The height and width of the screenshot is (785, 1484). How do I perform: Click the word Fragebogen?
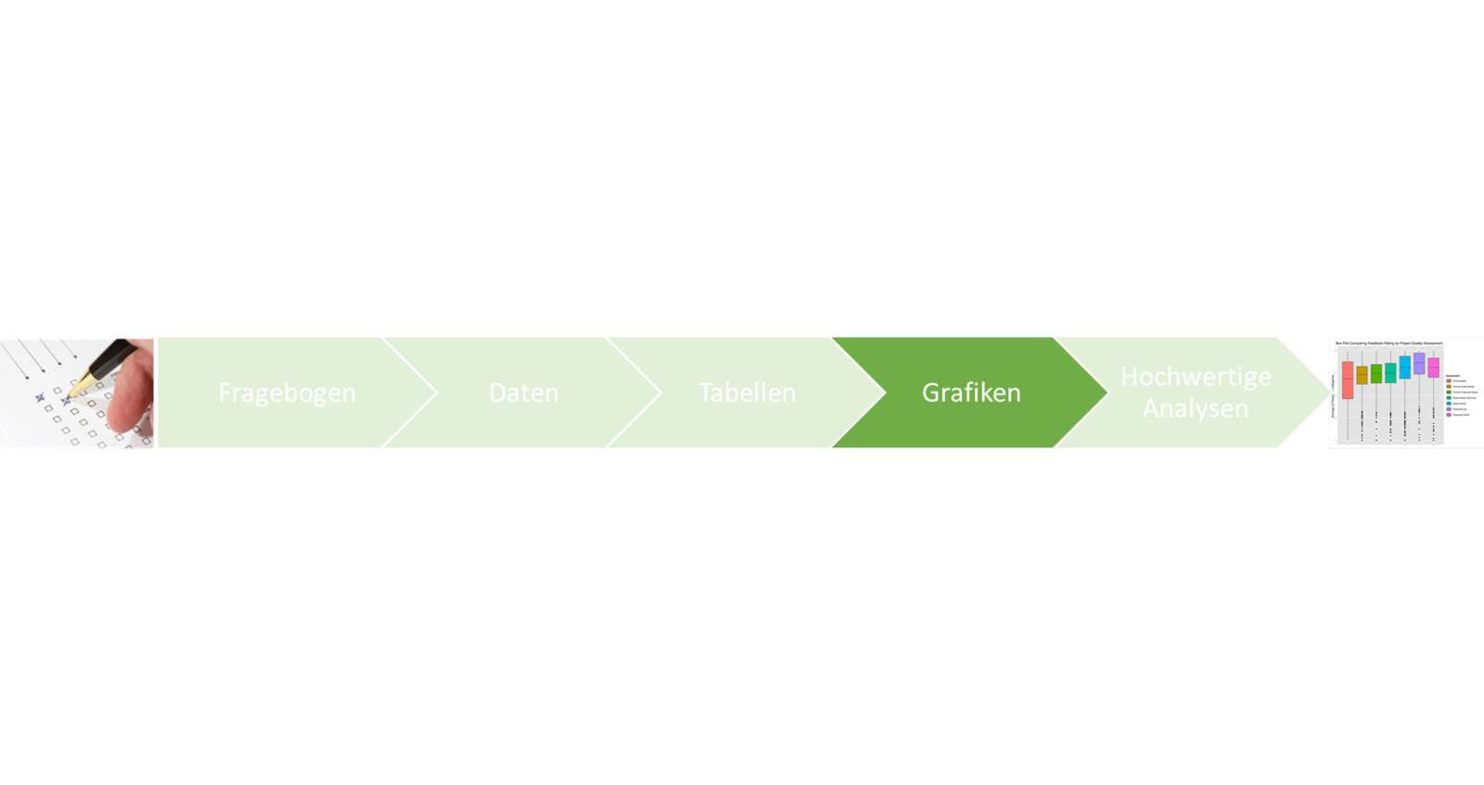coord(287,392)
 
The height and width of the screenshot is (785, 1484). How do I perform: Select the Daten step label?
coord(523,392)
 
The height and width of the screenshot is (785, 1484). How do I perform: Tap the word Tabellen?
coord(747,392)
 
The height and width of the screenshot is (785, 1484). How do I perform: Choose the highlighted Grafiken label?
coord(971,392)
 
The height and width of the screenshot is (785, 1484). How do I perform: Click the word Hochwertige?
coord(1196,376)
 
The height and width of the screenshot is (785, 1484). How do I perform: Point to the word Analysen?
coord(1195,408)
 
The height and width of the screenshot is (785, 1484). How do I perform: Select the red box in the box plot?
coord(1348,380)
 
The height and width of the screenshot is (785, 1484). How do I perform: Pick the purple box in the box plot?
coord(1419,364)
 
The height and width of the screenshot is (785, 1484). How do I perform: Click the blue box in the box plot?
coord(1405,367)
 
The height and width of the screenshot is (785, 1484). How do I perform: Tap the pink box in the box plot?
coord(1433,367)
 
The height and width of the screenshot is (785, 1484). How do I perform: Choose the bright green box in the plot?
coord(1376,373)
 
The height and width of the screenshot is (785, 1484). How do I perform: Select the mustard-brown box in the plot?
coord(1362,375)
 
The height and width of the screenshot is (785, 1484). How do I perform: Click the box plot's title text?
coord(1388,343)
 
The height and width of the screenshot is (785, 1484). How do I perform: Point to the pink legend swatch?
coord(1449,415)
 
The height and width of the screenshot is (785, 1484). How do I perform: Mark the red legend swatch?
coord(1449,380)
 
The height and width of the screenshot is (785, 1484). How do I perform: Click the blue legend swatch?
coord(1449,404)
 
